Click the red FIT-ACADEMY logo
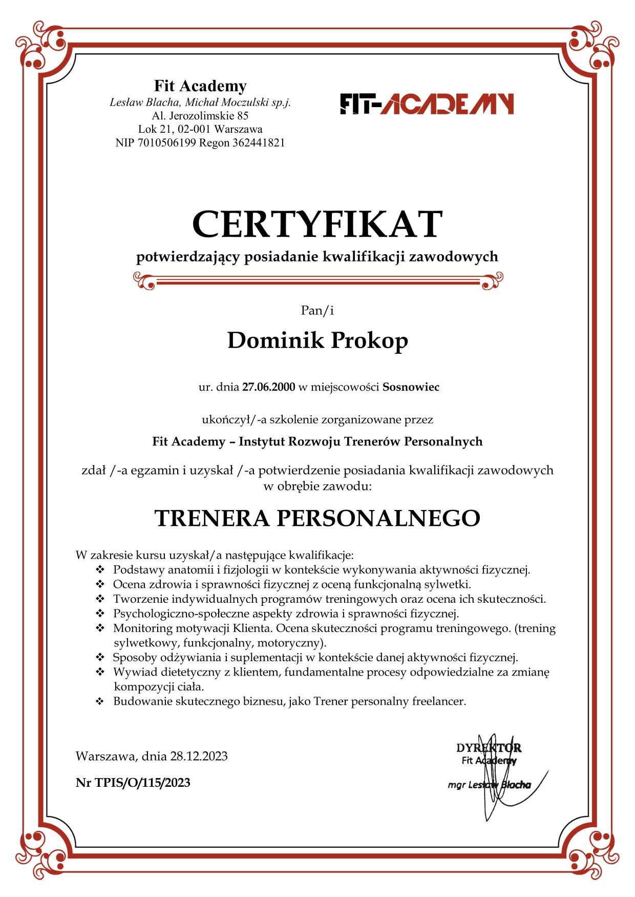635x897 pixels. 427,104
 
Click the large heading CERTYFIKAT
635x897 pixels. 317,225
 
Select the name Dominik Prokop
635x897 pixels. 317,341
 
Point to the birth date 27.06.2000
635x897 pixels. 268,387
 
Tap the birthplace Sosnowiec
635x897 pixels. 411,387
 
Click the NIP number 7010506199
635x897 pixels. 166,143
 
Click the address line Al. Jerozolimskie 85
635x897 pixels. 200,116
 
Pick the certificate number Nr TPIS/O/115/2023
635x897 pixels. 133,783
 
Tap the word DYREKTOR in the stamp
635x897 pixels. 489,748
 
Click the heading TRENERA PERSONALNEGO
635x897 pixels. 317,518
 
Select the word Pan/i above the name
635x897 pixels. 317,310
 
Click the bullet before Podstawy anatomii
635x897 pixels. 100,569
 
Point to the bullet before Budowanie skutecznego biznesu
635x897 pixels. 100,701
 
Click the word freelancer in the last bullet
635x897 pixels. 439,701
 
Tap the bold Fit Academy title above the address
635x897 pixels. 200,86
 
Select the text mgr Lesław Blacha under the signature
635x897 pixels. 489,785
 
